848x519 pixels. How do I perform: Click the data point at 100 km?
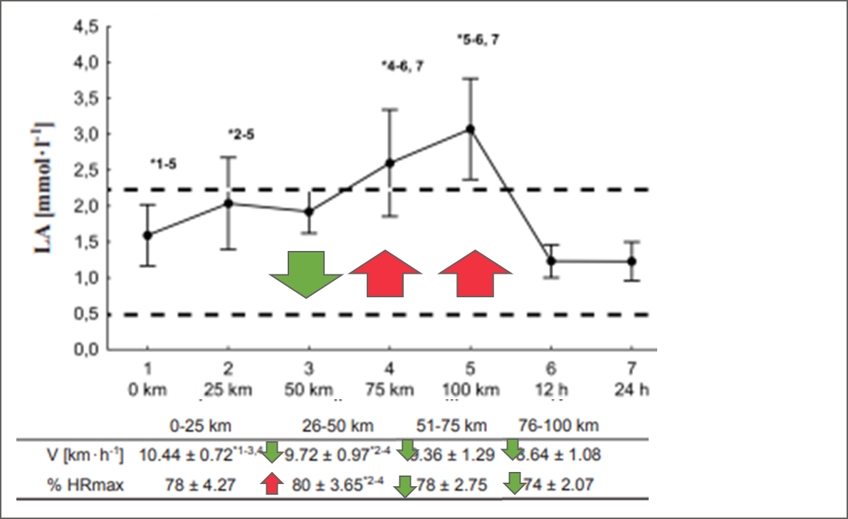point(470,129)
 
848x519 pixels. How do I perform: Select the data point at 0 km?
point(147,235)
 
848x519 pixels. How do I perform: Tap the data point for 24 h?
point(632,261)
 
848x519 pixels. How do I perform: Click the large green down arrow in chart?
point(306,273)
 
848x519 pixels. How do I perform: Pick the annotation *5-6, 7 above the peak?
point(478,40)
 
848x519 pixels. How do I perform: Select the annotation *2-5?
point(241,133)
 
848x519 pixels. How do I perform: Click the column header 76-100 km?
point(558,426)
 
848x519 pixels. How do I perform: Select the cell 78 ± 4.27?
point(187,485)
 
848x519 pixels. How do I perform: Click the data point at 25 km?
point(228,203)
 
